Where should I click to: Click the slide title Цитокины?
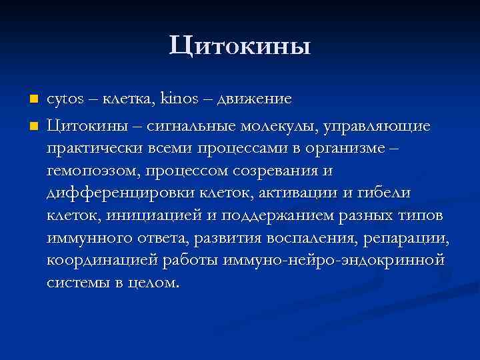[x=240, y=46]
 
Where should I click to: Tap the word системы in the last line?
[x=77, y=283]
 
